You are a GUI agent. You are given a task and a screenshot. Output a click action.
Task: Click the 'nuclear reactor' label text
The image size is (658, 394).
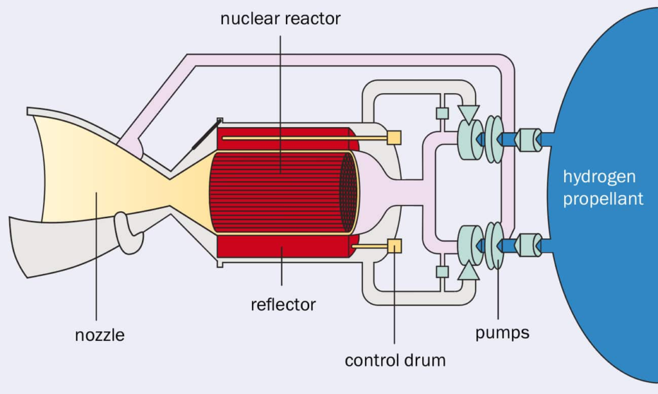click(280, 18)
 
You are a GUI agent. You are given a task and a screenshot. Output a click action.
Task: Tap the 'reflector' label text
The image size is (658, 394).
click(283, 304)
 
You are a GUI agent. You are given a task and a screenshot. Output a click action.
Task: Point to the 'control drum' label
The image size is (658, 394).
click(395, 360)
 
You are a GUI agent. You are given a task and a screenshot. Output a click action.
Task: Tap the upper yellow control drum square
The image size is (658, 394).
click(394, 137)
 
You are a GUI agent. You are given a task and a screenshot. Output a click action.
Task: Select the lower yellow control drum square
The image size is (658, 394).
click(394, 246)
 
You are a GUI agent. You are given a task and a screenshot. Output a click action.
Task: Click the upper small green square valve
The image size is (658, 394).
click(441, 114)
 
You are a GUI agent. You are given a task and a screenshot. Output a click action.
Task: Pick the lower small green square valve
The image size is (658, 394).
click(441, 271)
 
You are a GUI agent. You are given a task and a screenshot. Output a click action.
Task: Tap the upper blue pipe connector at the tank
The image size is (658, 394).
click(529, 139)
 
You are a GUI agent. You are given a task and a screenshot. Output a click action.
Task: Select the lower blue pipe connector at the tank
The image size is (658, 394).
click(529, 245)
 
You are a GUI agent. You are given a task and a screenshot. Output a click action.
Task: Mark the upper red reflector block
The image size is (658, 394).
click(283, 136)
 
